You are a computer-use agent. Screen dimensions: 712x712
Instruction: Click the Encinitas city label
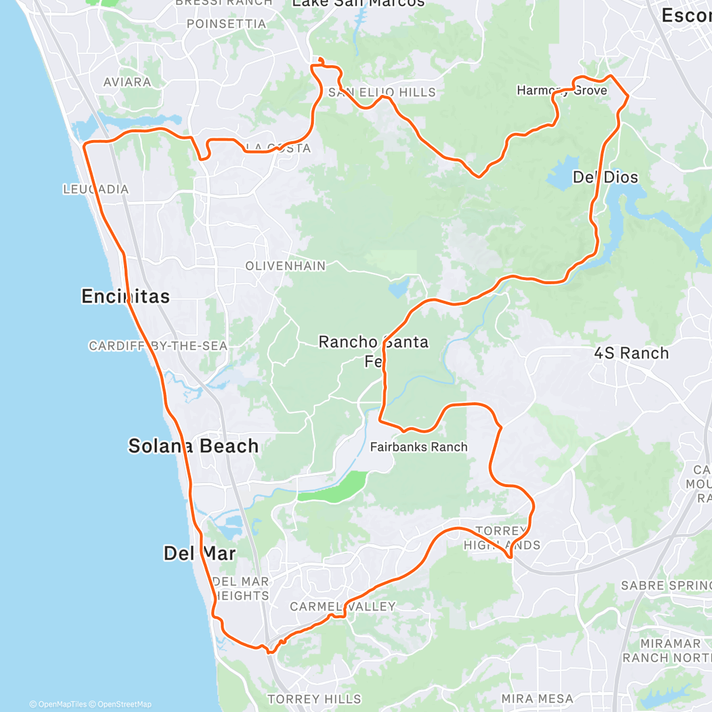(x=125, y=296)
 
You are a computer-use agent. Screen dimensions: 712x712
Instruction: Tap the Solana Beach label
(x=193, y=446)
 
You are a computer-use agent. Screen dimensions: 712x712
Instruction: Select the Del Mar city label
(x=199, y=554)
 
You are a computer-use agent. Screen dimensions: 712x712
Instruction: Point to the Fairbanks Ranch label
(x=419, y=447)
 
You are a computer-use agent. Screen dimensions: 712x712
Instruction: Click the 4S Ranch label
(x=631, y=354)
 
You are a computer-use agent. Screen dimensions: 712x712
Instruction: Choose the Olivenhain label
(x=285, y=266)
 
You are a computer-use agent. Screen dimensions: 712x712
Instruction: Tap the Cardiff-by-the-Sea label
(x=158, y=346)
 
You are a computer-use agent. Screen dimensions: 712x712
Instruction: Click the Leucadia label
(x=96, y=189)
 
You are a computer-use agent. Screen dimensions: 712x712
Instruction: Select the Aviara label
(x=127, y=82)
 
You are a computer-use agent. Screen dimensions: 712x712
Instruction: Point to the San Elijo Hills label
(x=382, y=93)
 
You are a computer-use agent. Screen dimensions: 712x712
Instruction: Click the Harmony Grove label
(x=562, y=91)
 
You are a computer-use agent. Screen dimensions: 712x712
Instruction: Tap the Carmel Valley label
(x=342, y=606)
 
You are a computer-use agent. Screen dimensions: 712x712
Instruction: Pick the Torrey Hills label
(x=314, y=699)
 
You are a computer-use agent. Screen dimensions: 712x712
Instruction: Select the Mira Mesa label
(x=537, y=699)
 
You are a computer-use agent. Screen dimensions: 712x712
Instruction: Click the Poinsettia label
(x=226, y=24)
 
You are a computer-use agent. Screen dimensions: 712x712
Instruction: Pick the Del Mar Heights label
(x=241, y=589)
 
